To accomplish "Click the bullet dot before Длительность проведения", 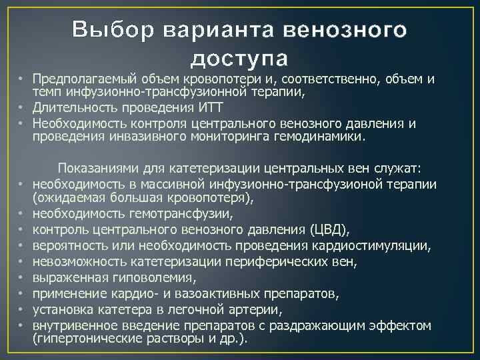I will pos(24,109).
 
